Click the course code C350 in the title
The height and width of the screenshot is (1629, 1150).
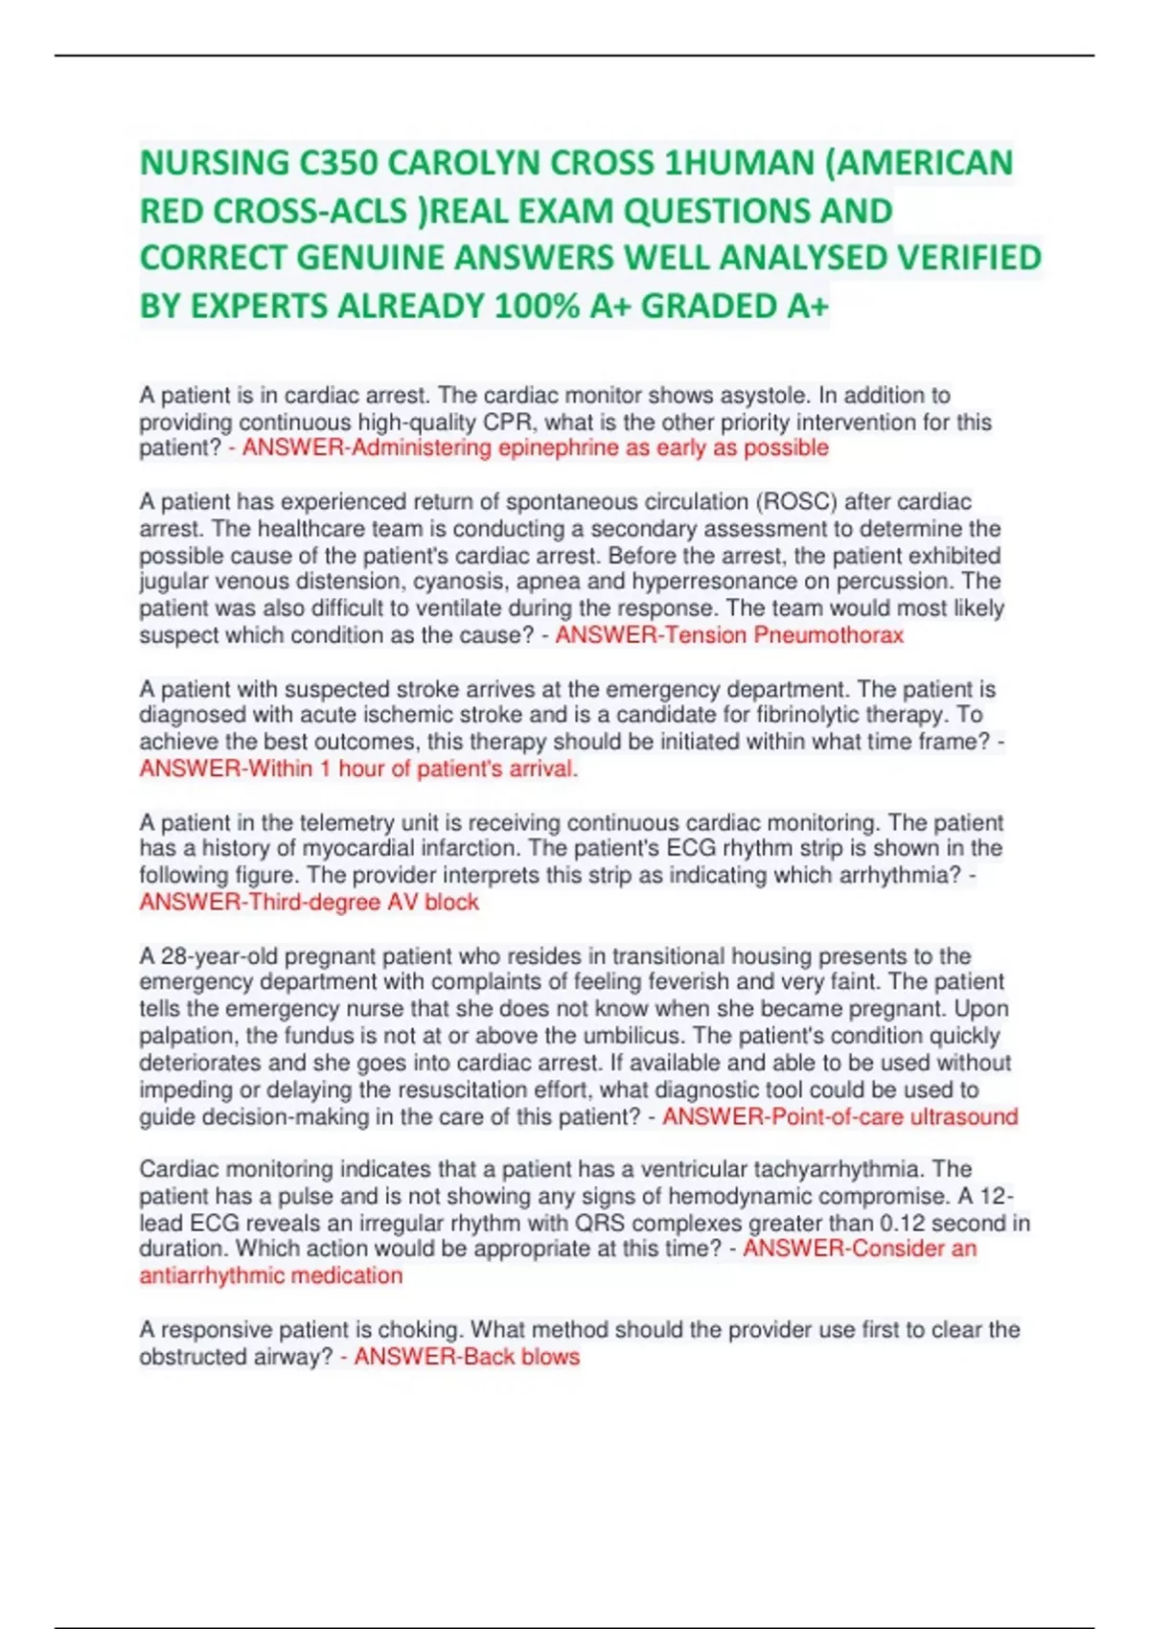click(337, 163)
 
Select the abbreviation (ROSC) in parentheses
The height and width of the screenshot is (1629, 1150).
click(796, 502)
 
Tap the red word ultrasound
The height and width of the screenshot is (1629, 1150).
click(962, 1117)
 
